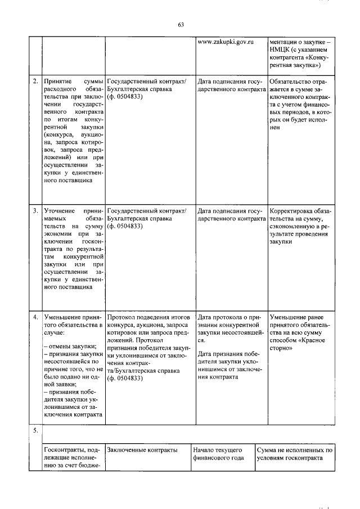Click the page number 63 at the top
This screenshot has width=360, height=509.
coord(181,24)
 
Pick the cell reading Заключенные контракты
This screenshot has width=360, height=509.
coord(142,450)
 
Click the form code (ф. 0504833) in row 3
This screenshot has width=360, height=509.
coord(124,226)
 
